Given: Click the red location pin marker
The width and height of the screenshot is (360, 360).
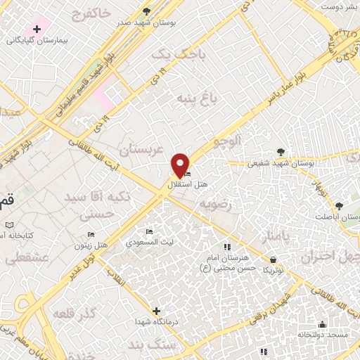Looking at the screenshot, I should tap(181, 165).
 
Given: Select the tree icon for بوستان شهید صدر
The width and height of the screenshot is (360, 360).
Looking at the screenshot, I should tap(146, 11).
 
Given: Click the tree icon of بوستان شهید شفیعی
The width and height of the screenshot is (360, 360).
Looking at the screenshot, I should tap(281, 151).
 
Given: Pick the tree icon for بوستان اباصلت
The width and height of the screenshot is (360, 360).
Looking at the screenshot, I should tap(339, 207).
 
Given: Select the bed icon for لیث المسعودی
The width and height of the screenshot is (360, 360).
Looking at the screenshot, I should tap(148, 231).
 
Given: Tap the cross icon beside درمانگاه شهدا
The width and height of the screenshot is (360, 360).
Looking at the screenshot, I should tap(156, 310).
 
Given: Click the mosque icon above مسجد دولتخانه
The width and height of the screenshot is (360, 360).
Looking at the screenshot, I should tap(322, 324).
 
